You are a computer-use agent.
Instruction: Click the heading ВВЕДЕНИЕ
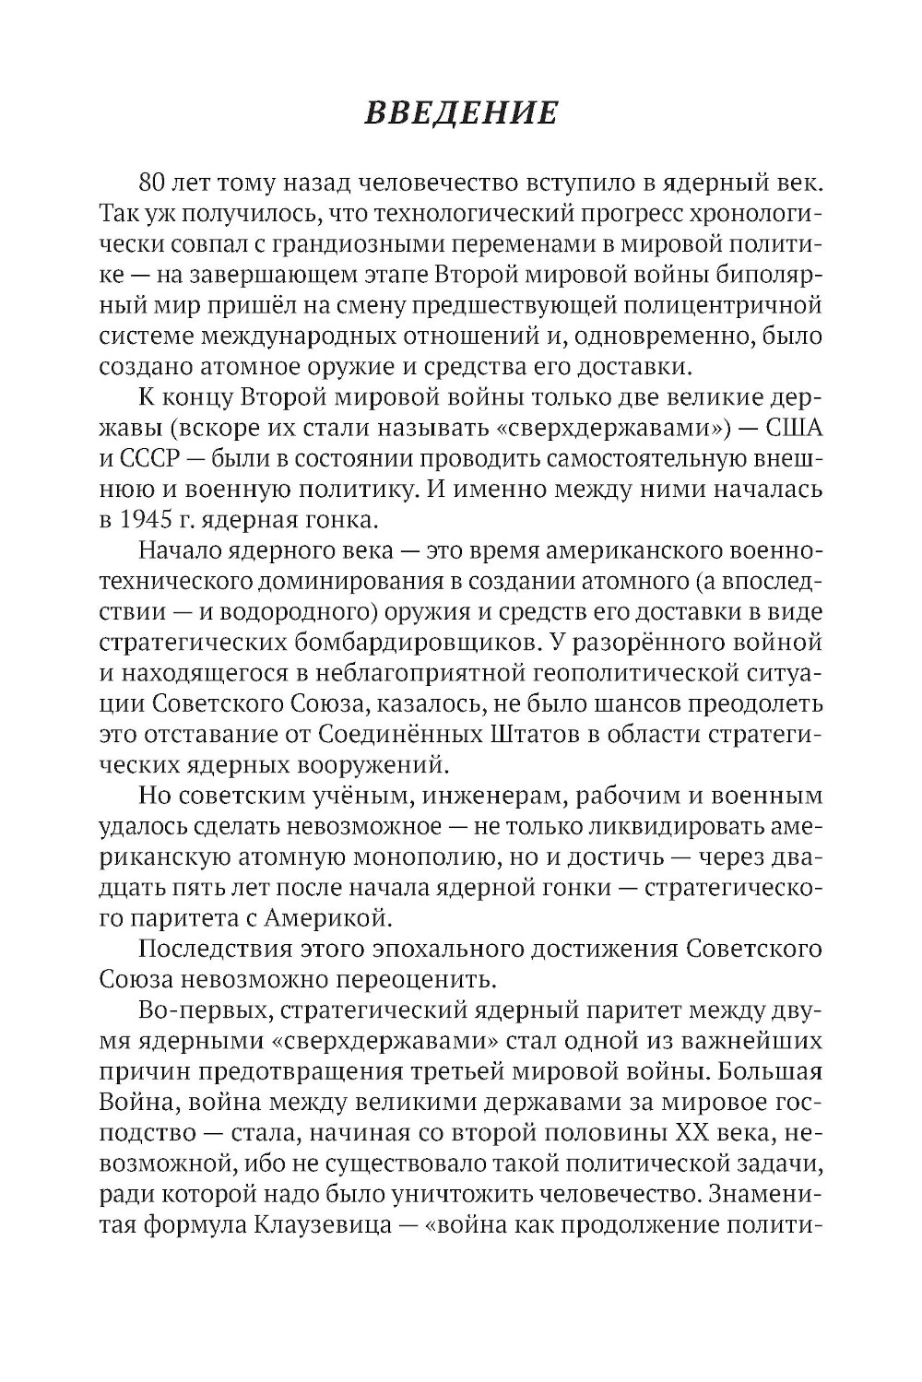(461, 112)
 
